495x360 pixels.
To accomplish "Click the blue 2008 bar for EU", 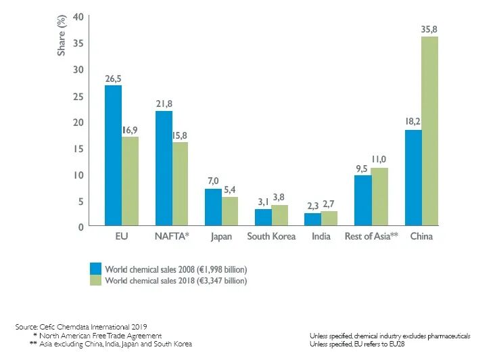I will (x=113, y=155).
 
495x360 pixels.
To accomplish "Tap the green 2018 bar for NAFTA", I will (x=180, y=183).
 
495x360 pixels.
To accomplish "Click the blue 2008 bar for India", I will (x=312, y=219).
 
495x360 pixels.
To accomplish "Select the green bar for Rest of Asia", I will (x=379, y=196).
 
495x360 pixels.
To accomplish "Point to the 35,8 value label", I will (x=429, y=29).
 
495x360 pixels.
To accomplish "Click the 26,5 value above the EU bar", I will (x=113, y=78).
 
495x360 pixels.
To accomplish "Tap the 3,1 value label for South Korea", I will (x=262, y=202).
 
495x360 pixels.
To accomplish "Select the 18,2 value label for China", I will (x=412, y=122).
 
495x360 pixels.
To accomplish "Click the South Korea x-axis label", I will (x=271, y=237).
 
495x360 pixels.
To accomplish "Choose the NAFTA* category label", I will (x=172, y=237).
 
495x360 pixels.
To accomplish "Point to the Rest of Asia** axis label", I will (x=371, y=237).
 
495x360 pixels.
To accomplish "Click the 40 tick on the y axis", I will (x=78, y=16).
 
